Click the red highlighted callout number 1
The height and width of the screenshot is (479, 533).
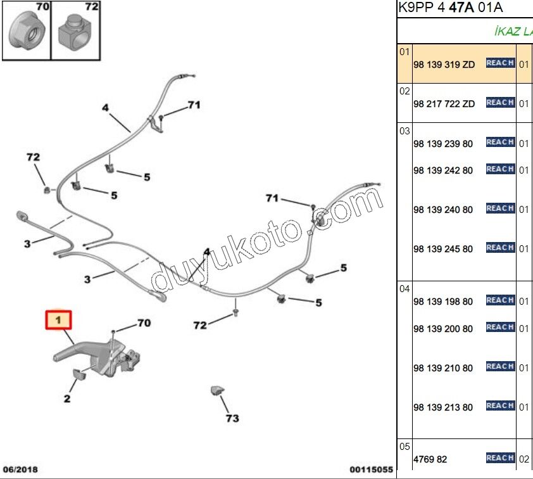coord(58,320)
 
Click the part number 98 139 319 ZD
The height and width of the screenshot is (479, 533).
coord(444,65)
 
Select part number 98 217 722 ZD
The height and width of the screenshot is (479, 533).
coord(444,104)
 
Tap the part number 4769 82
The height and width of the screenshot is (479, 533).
coord(430,459)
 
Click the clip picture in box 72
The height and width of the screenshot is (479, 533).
coord(75,33)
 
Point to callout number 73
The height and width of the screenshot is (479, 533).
coord(232,418)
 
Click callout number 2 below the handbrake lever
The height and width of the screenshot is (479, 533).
coord(67,399)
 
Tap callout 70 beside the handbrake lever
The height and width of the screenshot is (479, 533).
coord(144,323)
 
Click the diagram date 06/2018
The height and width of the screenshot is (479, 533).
coord(21,470)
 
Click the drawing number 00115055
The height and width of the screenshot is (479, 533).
coord(371,470)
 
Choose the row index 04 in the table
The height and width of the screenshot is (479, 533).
coord(404,289)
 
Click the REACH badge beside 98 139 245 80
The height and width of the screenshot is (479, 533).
coord(500,247)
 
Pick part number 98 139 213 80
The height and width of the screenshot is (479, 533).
coord(443,407)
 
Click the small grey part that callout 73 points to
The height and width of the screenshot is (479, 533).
coord(217,390)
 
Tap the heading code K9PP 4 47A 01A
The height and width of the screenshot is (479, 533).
coord(451,8)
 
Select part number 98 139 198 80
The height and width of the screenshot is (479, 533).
coord(443,302)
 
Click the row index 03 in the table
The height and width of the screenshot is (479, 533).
coord(404,131)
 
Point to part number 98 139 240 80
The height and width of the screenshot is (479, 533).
coord(443,210)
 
